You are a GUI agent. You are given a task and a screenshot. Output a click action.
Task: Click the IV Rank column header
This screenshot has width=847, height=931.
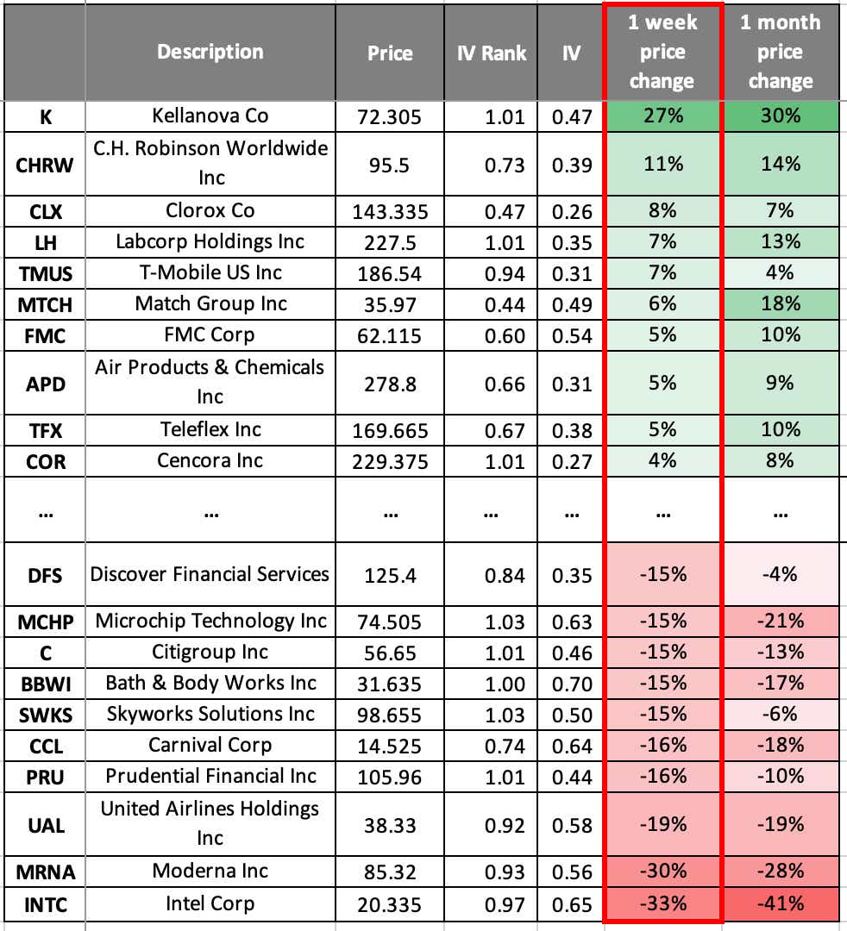pos(491,53)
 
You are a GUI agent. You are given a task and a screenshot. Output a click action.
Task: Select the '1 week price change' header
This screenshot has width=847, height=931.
pos(662,53)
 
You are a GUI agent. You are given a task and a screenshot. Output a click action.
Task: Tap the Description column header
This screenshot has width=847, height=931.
pos(210,52)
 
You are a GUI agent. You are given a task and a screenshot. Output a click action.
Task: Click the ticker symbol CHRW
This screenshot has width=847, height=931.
pos(46,163)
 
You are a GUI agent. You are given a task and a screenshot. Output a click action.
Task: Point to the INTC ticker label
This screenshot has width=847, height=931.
pos(46,904)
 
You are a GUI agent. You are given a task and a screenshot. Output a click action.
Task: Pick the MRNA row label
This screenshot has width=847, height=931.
pos(46,872)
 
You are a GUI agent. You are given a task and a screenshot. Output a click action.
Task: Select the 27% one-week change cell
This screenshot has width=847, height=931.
pos(662,116)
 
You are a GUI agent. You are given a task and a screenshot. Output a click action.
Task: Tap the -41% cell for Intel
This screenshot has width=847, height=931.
pos(781,903)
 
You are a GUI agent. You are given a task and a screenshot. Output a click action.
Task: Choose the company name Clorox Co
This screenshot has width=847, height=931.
pos(210,210)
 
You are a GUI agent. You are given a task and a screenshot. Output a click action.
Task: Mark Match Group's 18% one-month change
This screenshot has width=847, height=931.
pos(781,303)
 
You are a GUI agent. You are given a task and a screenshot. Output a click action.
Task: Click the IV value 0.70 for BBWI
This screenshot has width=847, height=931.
pos(571,684)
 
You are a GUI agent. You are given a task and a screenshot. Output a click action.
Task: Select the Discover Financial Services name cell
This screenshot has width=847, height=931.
pos(210,574)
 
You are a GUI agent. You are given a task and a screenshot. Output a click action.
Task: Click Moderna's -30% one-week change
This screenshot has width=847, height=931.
pos(662,872)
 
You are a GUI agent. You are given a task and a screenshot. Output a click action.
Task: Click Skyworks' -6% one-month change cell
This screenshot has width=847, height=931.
pos(781,714)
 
